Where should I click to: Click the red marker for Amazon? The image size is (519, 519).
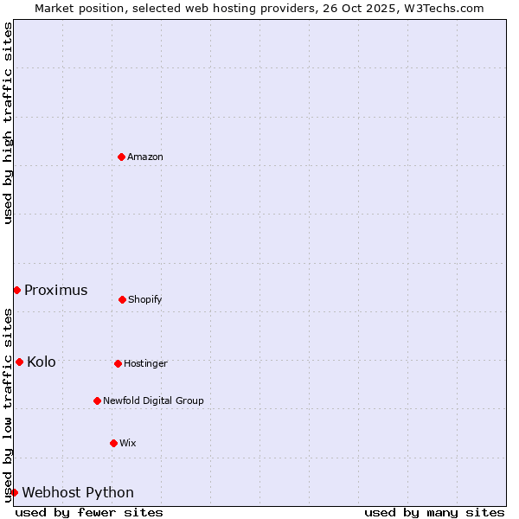click(121, 157)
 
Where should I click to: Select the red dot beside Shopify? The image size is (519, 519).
click(122, 299)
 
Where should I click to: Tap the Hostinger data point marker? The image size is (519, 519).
click(118, 363)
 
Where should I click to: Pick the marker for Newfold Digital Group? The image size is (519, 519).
click(97, 400)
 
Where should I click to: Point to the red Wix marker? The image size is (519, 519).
click(113, 443)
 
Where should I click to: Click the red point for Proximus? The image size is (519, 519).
click(16, 290)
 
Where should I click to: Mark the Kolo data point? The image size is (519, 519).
click(19, 362)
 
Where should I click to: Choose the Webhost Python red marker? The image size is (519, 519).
click(14, 492)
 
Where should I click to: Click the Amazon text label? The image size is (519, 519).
click(145, 157)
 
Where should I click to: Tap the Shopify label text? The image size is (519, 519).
click(145, 299)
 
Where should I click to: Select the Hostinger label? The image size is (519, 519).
click(145, 363)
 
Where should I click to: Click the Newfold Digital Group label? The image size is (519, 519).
click(153, 400)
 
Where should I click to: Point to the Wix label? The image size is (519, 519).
click(128, 443)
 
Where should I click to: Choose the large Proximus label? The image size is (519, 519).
click(56, 290)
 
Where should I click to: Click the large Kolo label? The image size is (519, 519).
click(42, 362)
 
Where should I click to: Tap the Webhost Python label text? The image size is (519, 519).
click(78, 492)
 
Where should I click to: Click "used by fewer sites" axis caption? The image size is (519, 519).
click(89, 512)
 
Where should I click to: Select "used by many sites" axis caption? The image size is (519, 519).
click(434, 512)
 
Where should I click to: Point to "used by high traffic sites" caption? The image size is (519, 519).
click(8, 123)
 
